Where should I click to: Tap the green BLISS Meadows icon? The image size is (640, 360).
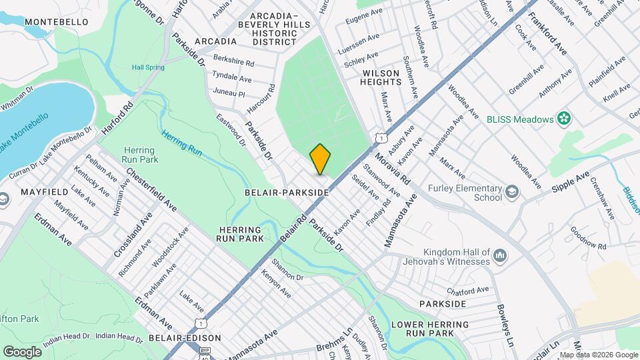565,119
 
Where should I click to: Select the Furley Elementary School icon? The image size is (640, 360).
512,193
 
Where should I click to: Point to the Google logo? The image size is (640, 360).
22,351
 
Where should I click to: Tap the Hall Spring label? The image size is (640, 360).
147,67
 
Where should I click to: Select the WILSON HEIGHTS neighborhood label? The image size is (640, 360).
381,77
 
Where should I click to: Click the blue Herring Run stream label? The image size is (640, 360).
181,142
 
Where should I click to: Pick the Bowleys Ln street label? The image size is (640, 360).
506,325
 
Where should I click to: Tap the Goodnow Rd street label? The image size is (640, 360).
588,239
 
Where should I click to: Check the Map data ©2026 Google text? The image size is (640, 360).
598,355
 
